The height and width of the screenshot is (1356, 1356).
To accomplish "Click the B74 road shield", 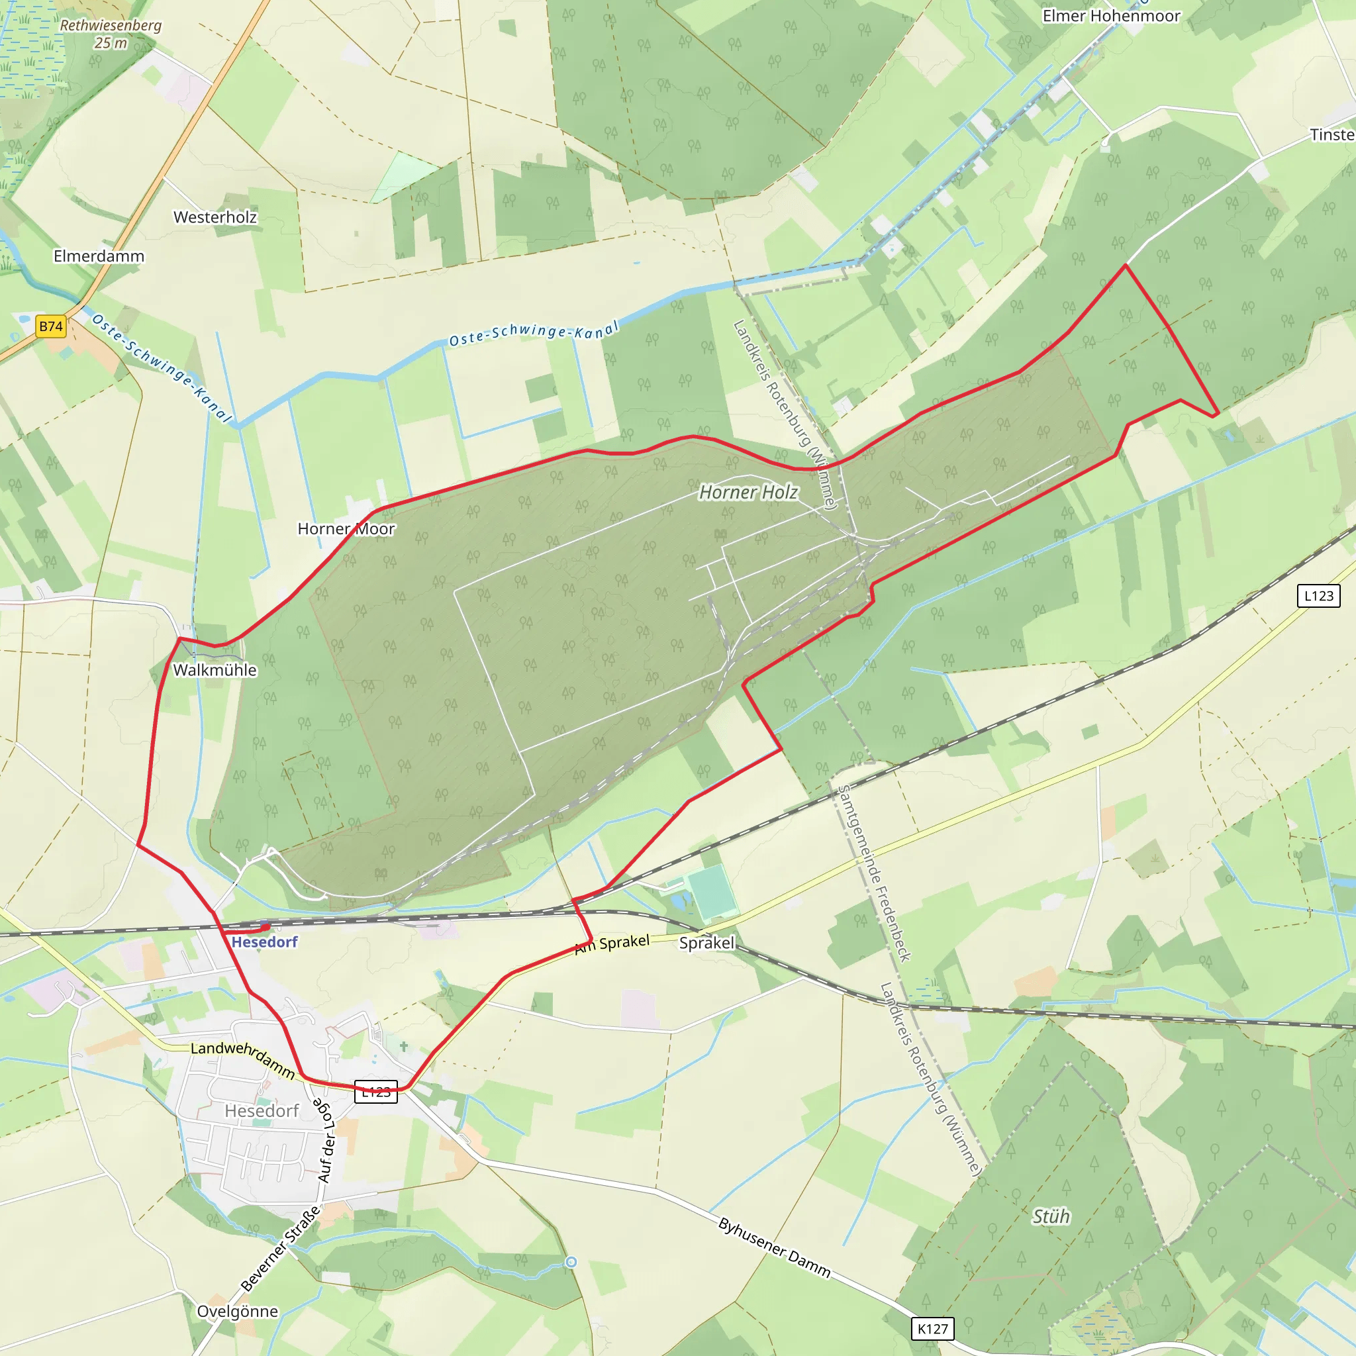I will [x=50, y=326].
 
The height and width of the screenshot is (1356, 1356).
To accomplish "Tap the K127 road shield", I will [x=933, y=1329].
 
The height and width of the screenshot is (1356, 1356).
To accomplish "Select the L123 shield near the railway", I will [x=1318, y=596].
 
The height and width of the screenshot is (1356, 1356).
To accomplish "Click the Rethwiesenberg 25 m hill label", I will [x=110, y=34].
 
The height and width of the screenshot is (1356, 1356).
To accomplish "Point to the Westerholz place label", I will [x=215, y=218].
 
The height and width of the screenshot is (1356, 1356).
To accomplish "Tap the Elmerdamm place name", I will [x=99, y=256].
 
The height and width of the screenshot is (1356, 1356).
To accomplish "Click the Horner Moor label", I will [x=346, y=529].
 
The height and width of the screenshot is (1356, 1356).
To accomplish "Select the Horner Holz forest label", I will [x=748, y=493].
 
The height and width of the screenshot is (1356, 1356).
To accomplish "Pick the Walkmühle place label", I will [x=215, y=670].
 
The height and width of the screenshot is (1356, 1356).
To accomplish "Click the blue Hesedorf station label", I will [x=265, y=943].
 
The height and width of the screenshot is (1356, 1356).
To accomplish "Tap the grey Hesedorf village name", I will [x=262, y=1111].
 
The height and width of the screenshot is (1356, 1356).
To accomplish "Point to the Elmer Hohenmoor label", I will [x=1111, y=16].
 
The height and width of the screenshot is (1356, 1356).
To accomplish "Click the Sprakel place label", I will [x=706, y=943].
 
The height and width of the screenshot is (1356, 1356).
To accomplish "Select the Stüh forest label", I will [x=1051, y=1216].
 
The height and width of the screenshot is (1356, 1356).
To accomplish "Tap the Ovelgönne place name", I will [x=237, y=1311].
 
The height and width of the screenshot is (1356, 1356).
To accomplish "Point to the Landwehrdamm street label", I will [x=243, y=1059].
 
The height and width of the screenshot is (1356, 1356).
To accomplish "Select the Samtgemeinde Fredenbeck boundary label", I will [x=875, y=873].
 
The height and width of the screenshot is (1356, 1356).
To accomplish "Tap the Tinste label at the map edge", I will [x=1332, y=135].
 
